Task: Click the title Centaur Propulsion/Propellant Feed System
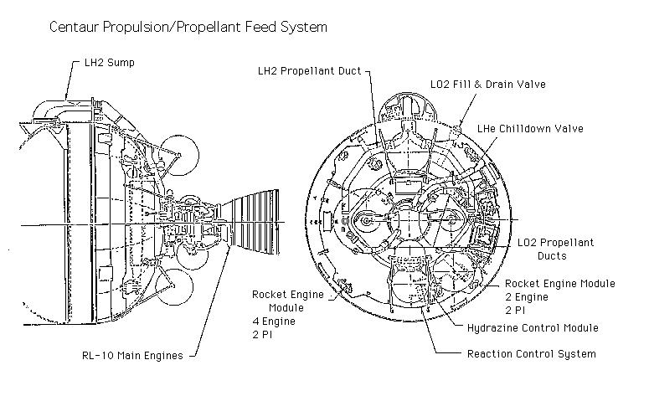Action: (188, 27)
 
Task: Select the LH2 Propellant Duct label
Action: (309, 71)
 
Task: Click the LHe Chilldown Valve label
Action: (530, 129)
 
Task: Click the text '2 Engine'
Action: (527, 297)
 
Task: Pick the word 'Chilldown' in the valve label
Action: (527, 129)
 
